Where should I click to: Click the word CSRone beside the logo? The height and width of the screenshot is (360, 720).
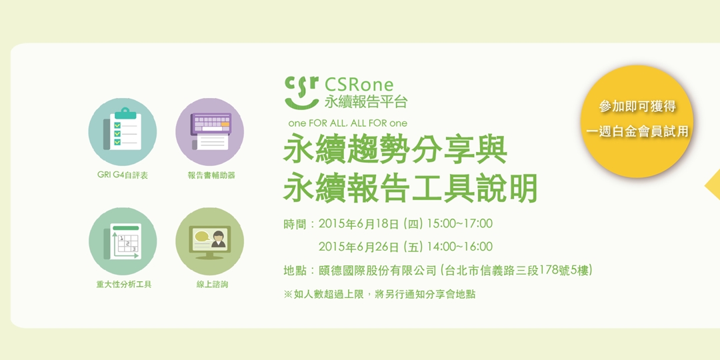[359, 85]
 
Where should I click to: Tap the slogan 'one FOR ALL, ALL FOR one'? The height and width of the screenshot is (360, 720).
[347, 123]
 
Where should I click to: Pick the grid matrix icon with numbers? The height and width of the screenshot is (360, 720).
[123, 241]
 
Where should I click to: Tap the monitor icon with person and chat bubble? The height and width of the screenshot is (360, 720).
[209, 241]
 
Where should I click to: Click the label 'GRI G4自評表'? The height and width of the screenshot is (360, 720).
[123, 175]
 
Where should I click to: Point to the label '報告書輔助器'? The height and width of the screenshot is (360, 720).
[211, 175]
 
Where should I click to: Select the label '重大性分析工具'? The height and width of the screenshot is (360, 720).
[124, 285]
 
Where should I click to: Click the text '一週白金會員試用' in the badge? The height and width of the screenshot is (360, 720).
[637, 131]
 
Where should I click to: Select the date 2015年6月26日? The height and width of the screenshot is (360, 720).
[359, 247]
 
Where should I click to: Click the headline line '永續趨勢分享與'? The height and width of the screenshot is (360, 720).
[395, 151]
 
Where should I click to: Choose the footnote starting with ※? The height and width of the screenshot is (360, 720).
[379, 294]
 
